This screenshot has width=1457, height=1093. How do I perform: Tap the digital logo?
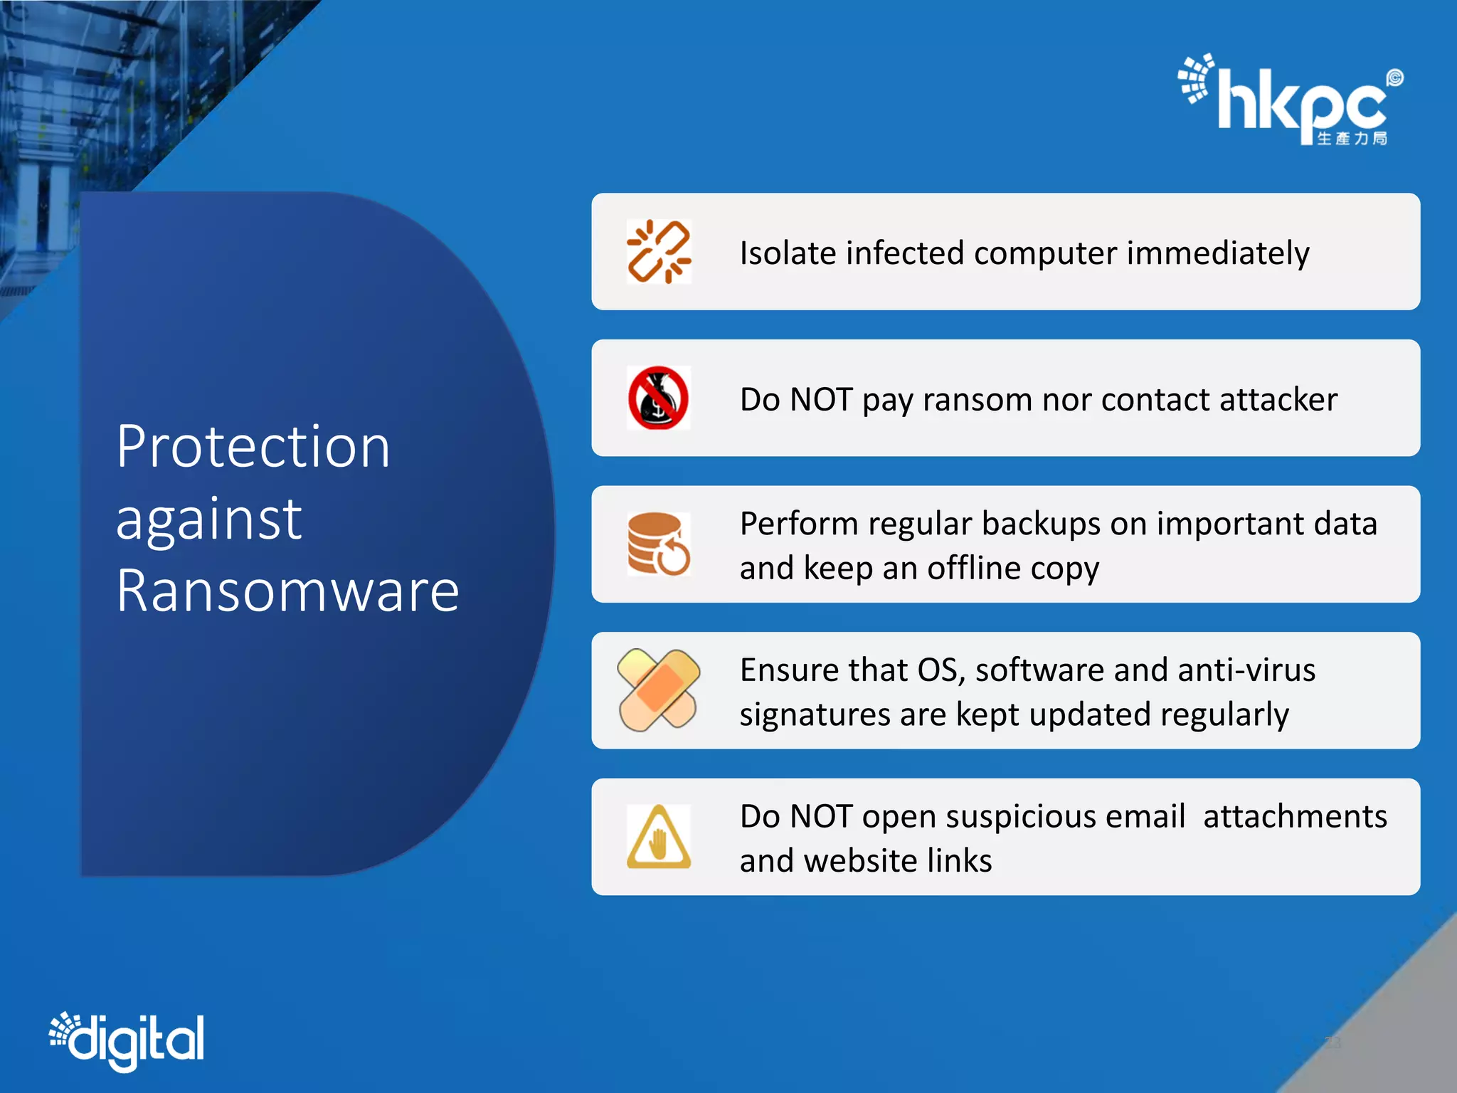click(128, 1040)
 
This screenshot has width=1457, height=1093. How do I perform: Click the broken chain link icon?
click(659, 252)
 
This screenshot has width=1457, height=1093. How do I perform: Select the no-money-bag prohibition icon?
click(659, 398)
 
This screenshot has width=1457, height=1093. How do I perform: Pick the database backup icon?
click(659, 544)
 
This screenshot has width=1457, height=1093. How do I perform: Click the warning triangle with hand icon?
click(659, 837)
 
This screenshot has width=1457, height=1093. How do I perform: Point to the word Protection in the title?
click(253, 447)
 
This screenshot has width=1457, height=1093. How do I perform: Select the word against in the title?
click(209, 519)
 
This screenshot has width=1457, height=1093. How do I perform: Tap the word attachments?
click(1295, 817)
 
